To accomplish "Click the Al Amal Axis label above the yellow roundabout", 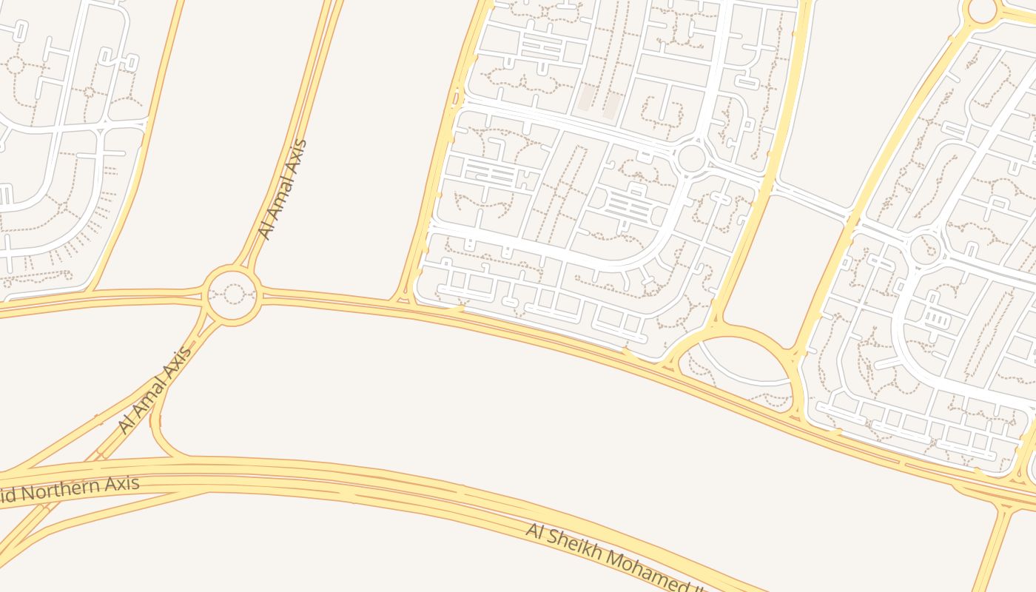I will pos(282,189).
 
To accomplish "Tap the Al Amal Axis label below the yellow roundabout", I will pos(155,389).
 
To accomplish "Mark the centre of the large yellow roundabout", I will pos(233,295).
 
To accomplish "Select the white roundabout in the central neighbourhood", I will pos(691,158).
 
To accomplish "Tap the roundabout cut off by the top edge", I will pos(982,9).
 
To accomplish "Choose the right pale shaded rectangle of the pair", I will pos(611,104).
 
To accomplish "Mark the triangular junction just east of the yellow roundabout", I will pos(403,298).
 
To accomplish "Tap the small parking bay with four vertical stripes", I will pos(936,319).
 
